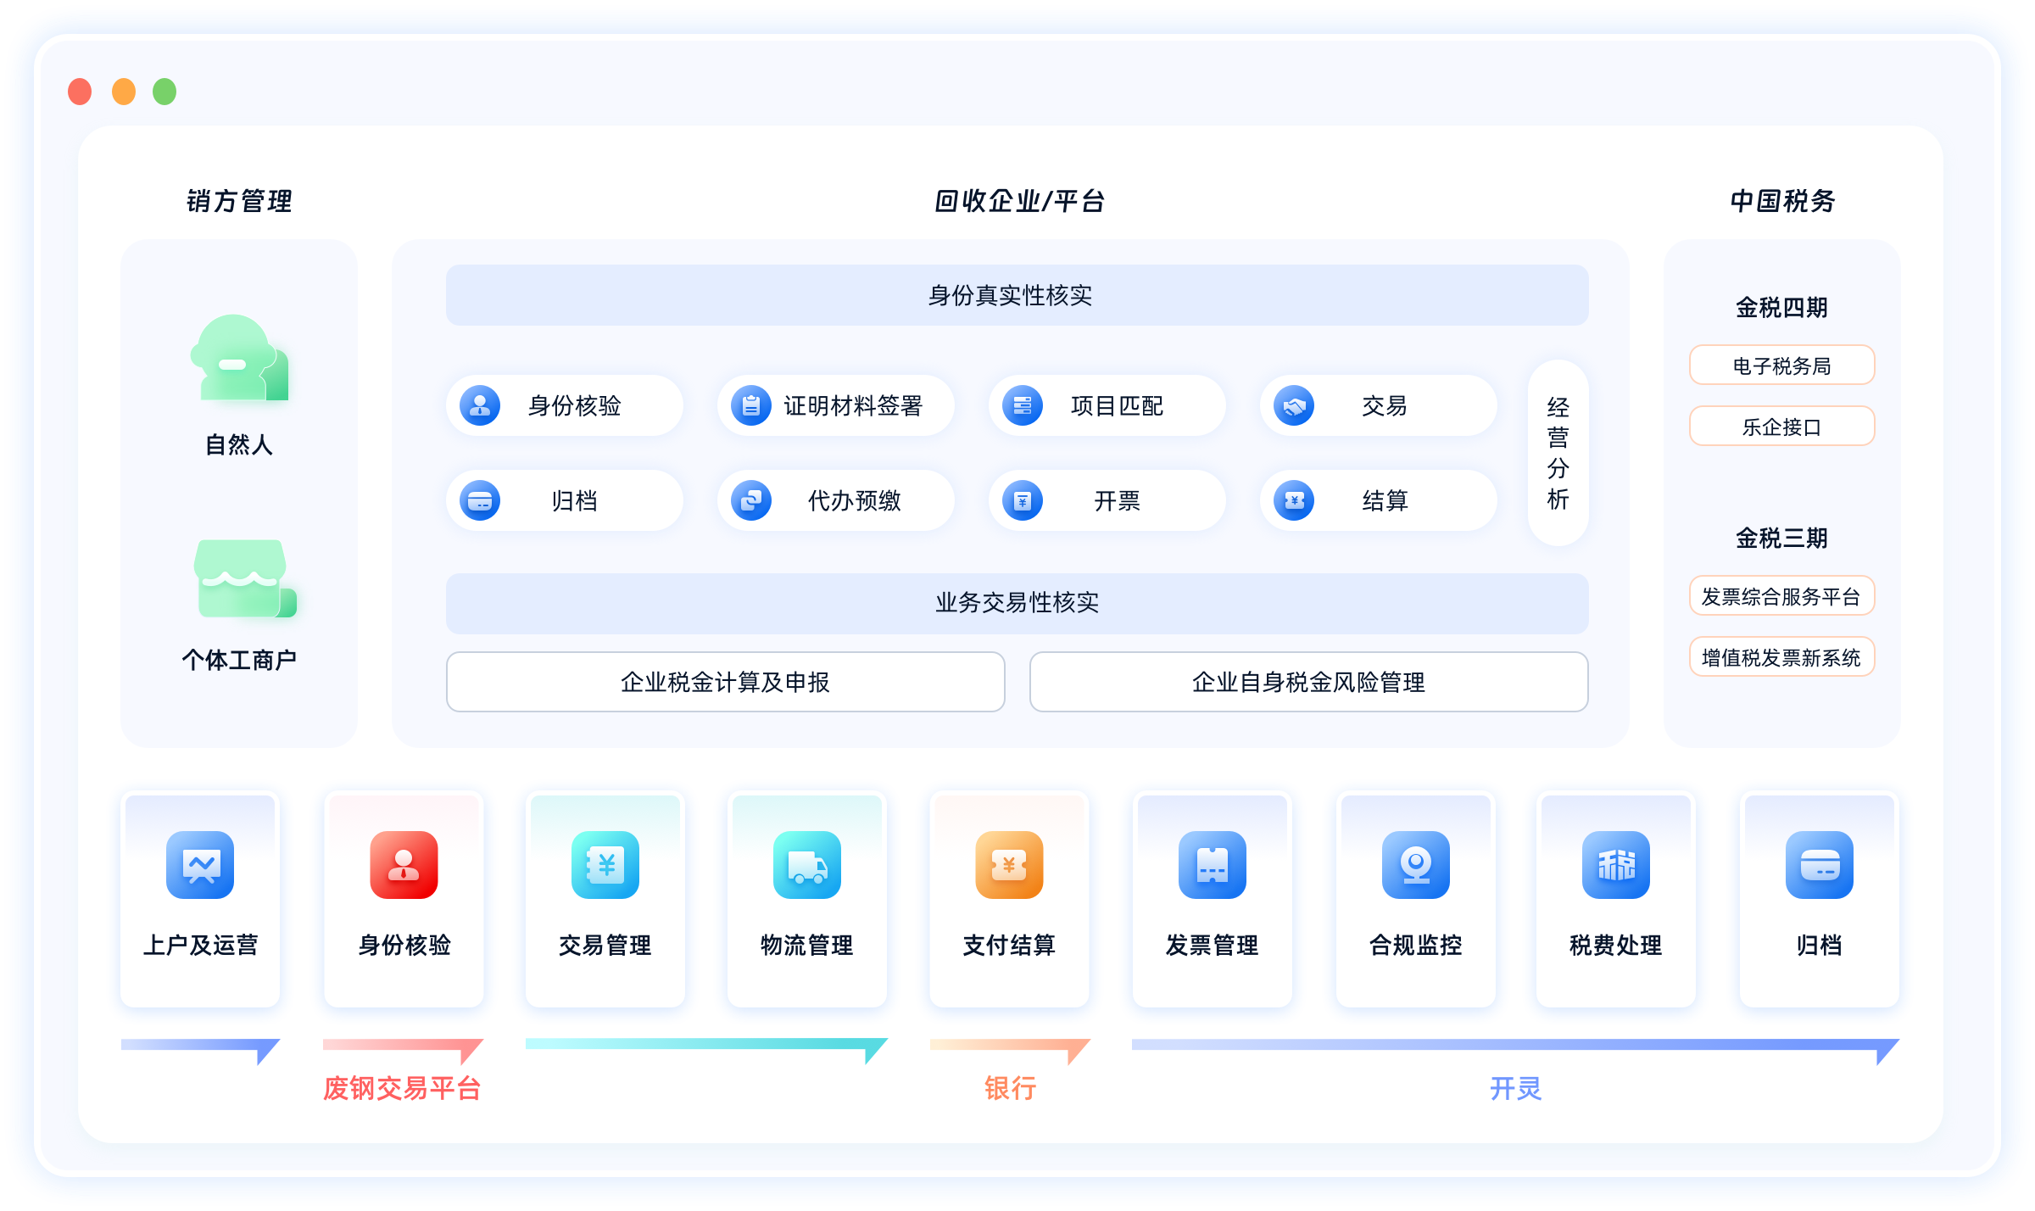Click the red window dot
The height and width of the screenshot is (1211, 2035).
click(80, 92)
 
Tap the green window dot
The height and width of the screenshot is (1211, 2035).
click(164, 92)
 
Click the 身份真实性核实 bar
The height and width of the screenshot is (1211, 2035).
click(1017, 295)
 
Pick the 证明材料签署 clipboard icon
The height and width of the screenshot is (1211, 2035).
click(751, 406)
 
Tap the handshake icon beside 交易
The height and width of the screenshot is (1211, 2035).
click(1294, 406)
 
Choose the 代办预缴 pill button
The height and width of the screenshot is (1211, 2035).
click(835, 500)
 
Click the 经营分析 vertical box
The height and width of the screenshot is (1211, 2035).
click(1558, 453)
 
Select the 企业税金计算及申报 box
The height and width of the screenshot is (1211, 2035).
click(725, 682)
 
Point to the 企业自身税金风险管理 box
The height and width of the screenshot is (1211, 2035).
click(1308, 682)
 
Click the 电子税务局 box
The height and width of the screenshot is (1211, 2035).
click(1781, 366)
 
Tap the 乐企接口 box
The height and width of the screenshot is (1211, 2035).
click(1781, 427)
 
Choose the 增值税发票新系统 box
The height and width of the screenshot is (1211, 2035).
click(1781, 657)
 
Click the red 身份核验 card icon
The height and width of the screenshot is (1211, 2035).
click(404, 865)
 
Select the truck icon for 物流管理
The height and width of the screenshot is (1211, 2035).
click(806, 865)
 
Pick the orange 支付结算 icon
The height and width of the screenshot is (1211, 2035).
click(1009, 865)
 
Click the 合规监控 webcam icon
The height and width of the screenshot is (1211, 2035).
click(1415, 865)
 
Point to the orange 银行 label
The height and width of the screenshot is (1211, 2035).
click(1010, 1088)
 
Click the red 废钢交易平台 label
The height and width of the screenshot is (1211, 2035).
click(402, 1088)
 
